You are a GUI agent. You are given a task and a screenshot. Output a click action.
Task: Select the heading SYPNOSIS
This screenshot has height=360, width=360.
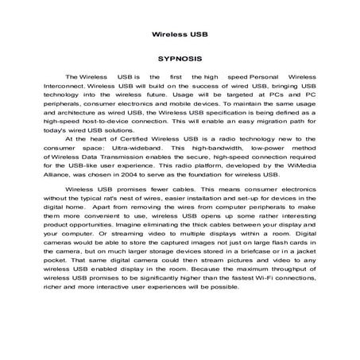pyautogui.click(x=180, y=58)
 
